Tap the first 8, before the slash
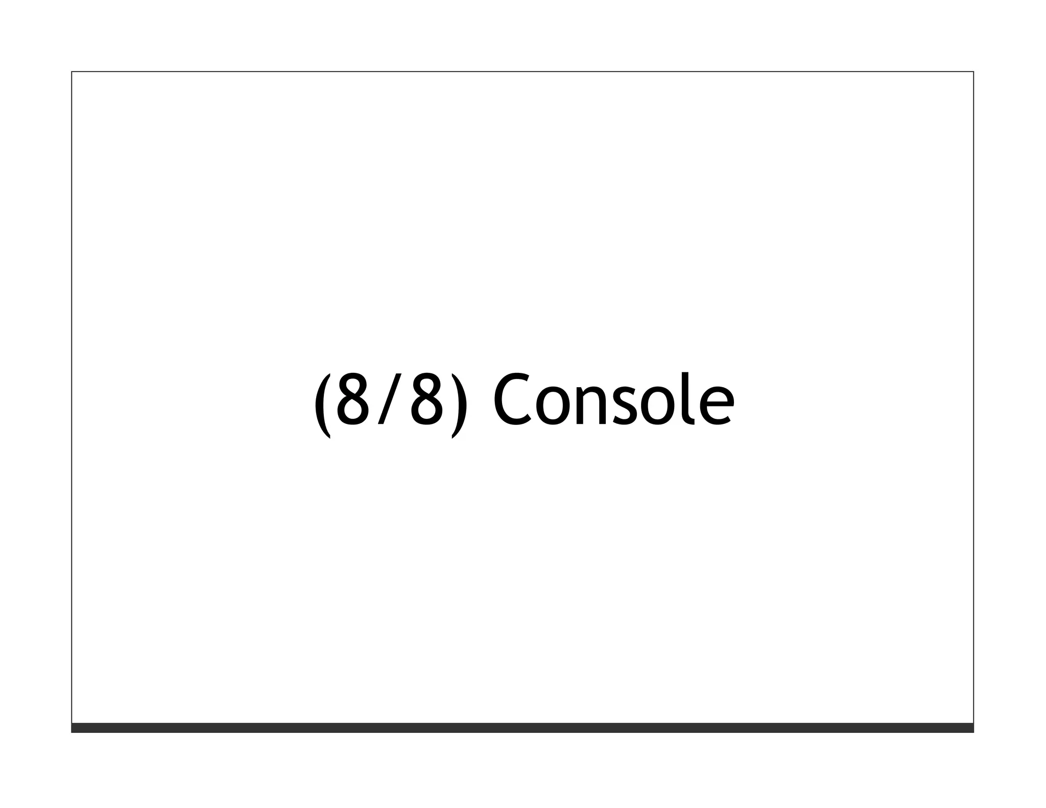352,399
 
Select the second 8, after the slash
426,399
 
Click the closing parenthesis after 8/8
459,406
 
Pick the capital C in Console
512,399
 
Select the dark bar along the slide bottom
522,728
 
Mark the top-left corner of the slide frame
72,72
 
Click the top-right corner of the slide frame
973,72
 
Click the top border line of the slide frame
522,72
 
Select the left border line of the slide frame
72,398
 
